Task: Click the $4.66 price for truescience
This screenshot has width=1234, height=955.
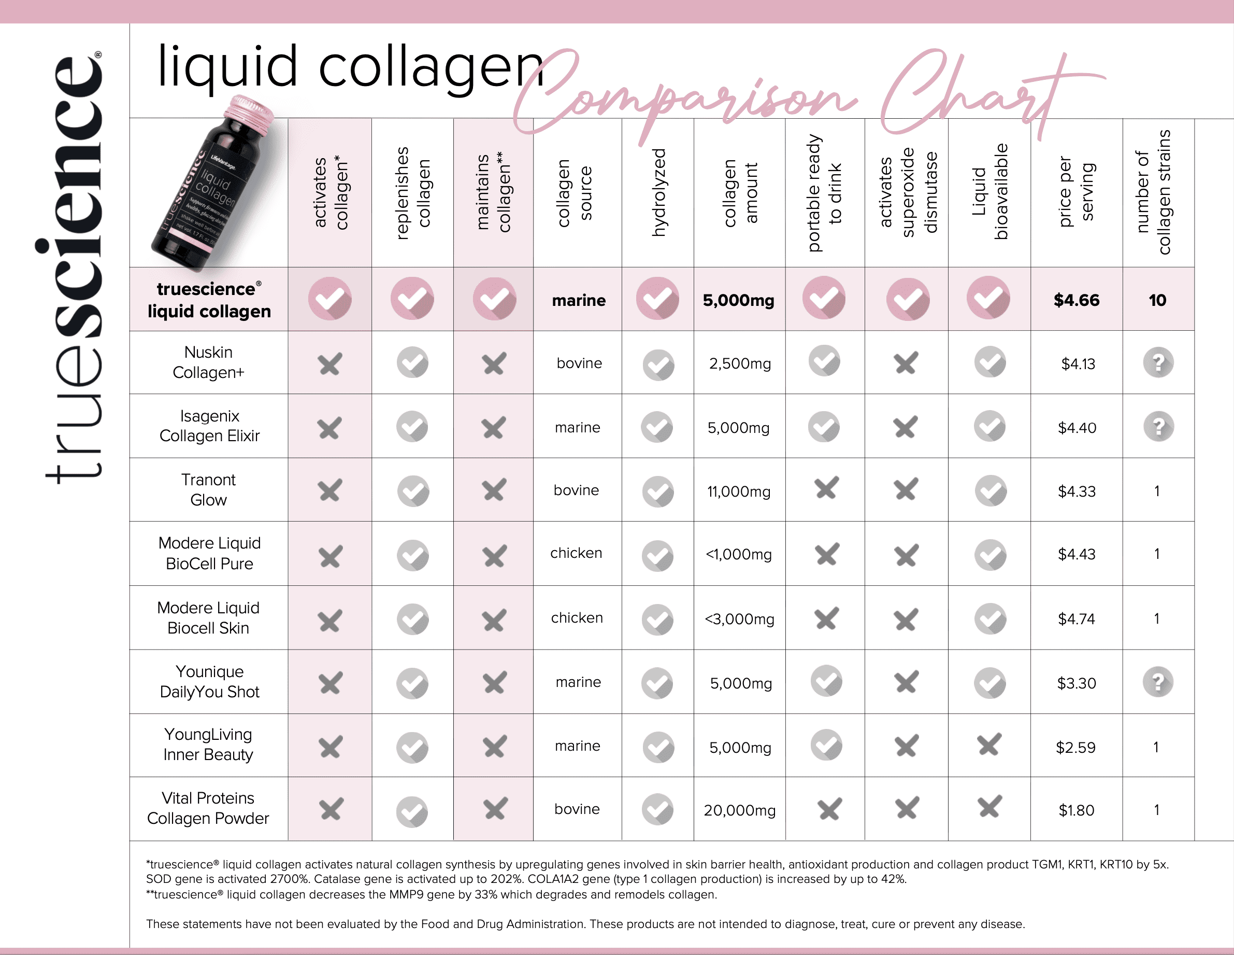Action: coord(1077,300)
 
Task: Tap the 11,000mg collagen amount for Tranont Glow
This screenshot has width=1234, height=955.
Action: coord(738,491)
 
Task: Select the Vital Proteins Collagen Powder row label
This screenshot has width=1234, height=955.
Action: coord(208,808)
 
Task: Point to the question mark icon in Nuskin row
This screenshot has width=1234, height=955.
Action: coord(1158,362)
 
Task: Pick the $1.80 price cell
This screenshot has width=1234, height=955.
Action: coord(1077,810)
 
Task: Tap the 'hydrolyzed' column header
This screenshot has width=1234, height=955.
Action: coord(659,192)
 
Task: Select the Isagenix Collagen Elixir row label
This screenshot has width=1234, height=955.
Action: coord(210,426)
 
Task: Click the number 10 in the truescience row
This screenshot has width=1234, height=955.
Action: coord(1157,300)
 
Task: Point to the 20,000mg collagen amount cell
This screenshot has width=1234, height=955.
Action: coord(740,810)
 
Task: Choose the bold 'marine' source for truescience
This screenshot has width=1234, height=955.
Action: coord(579,300)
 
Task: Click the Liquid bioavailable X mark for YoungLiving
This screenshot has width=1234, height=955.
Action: coord(989,745)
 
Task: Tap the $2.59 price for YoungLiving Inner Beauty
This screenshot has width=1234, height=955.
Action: coord(1076,748)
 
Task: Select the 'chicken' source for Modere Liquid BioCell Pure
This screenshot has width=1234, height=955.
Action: coord(576,553)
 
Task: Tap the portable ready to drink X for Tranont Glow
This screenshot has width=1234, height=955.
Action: coord(826,488)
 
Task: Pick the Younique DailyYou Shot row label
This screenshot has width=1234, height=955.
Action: coord(210,681)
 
